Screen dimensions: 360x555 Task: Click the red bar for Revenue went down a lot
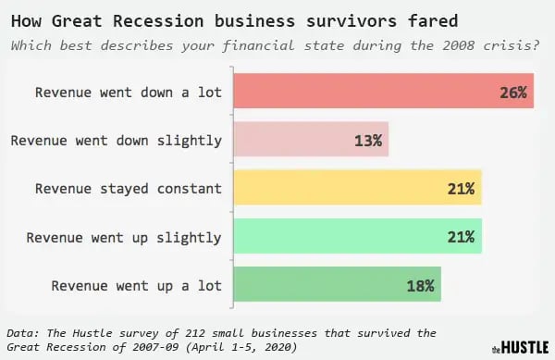pyautogui.click(x=383, y=92)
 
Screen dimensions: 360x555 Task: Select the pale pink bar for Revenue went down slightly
pyautogui.click(x=311, y=141)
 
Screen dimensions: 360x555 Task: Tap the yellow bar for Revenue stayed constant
pyautogui.click(x=357, y=188)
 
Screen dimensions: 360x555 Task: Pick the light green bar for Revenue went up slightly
pyautogui.click(x=357, y=237)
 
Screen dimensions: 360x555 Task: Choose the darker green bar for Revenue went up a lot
pyautogui.click(x=337, y=285)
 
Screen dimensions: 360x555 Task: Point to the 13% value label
pyautogui.click(x=366, y=141)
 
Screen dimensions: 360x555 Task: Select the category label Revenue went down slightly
pyautogui.click(x=117, y=141)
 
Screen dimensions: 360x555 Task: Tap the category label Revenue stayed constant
pyautogui.click(x=129, y=189)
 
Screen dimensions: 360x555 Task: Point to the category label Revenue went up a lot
pyautogui.click(x=137, y=285)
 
